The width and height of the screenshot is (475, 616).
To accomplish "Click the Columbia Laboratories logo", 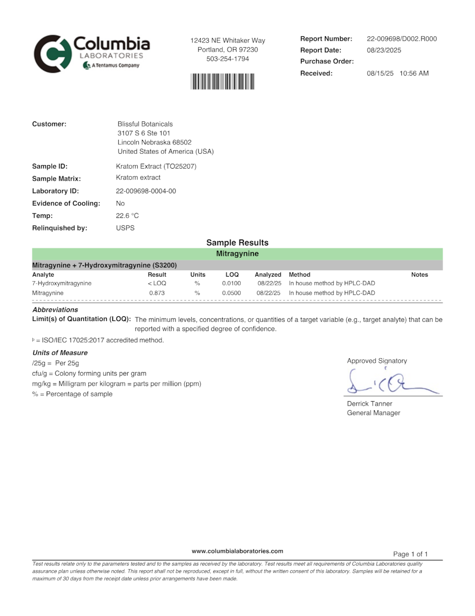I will (x=91, y=53).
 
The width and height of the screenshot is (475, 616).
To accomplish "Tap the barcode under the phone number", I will (x=222, y=82).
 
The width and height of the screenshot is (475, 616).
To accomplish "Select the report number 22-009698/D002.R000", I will (x=401, y=39).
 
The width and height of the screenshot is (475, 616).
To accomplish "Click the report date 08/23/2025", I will (x=384, y=50).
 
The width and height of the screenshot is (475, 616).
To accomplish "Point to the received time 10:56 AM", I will (x=414, y=73).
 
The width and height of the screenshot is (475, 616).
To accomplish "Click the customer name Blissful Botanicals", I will (x=145, y=124).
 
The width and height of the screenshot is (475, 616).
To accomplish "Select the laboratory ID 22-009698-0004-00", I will (x=146, y=191).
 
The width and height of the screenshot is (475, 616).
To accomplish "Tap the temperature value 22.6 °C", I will (x=127, y=215).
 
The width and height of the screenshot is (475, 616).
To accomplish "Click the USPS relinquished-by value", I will (x=125, y=228).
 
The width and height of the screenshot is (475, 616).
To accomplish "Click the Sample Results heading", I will (x=237, y=243).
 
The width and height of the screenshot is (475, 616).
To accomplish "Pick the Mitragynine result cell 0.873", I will (x=157, y=293).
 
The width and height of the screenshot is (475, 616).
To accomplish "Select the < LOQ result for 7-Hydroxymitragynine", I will (x=157, y=283).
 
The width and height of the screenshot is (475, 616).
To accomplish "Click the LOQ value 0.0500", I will (x=231, y=293).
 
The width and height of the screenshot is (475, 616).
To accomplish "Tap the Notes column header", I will (x=419, y=275).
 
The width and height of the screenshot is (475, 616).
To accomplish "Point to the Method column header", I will (x=299, y=275).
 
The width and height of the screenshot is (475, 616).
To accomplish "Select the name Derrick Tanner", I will (x=369, y=404).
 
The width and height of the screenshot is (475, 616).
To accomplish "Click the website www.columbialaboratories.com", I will (x=237, y=551).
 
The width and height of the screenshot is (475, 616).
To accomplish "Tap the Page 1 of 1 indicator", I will (x=410, y=554).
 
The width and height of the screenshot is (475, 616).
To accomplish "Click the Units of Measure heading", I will (x=60, y=353).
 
